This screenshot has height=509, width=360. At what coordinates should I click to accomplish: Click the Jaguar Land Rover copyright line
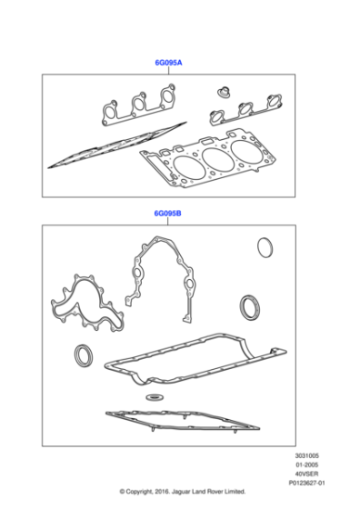click(x=182, y=495)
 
